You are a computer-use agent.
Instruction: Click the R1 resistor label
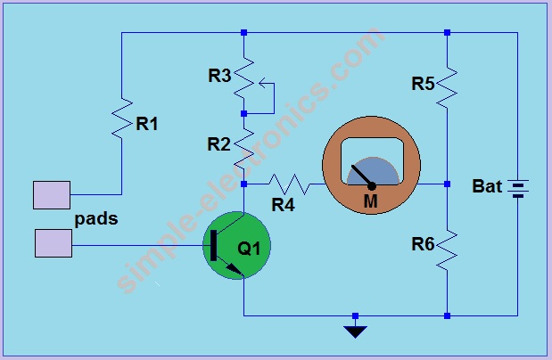(147, 124)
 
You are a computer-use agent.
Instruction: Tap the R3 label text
(220, 76)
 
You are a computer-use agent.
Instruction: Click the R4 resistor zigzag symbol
(287, 184)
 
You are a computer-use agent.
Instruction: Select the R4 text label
(283, 205)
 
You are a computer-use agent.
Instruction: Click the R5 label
(423, 84)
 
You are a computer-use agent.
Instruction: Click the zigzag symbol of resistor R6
(448, 247)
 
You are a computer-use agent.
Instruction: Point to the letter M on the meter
(370, 201)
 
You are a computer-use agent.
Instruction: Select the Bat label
(487, 187)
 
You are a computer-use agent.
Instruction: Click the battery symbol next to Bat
(518, 187)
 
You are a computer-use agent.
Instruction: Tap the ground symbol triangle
(355, 331)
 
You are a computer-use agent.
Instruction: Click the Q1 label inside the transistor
(249, 248)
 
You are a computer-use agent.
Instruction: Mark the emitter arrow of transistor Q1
(235, 268)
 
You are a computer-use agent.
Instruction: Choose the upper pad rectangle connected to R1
(51, 194)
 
